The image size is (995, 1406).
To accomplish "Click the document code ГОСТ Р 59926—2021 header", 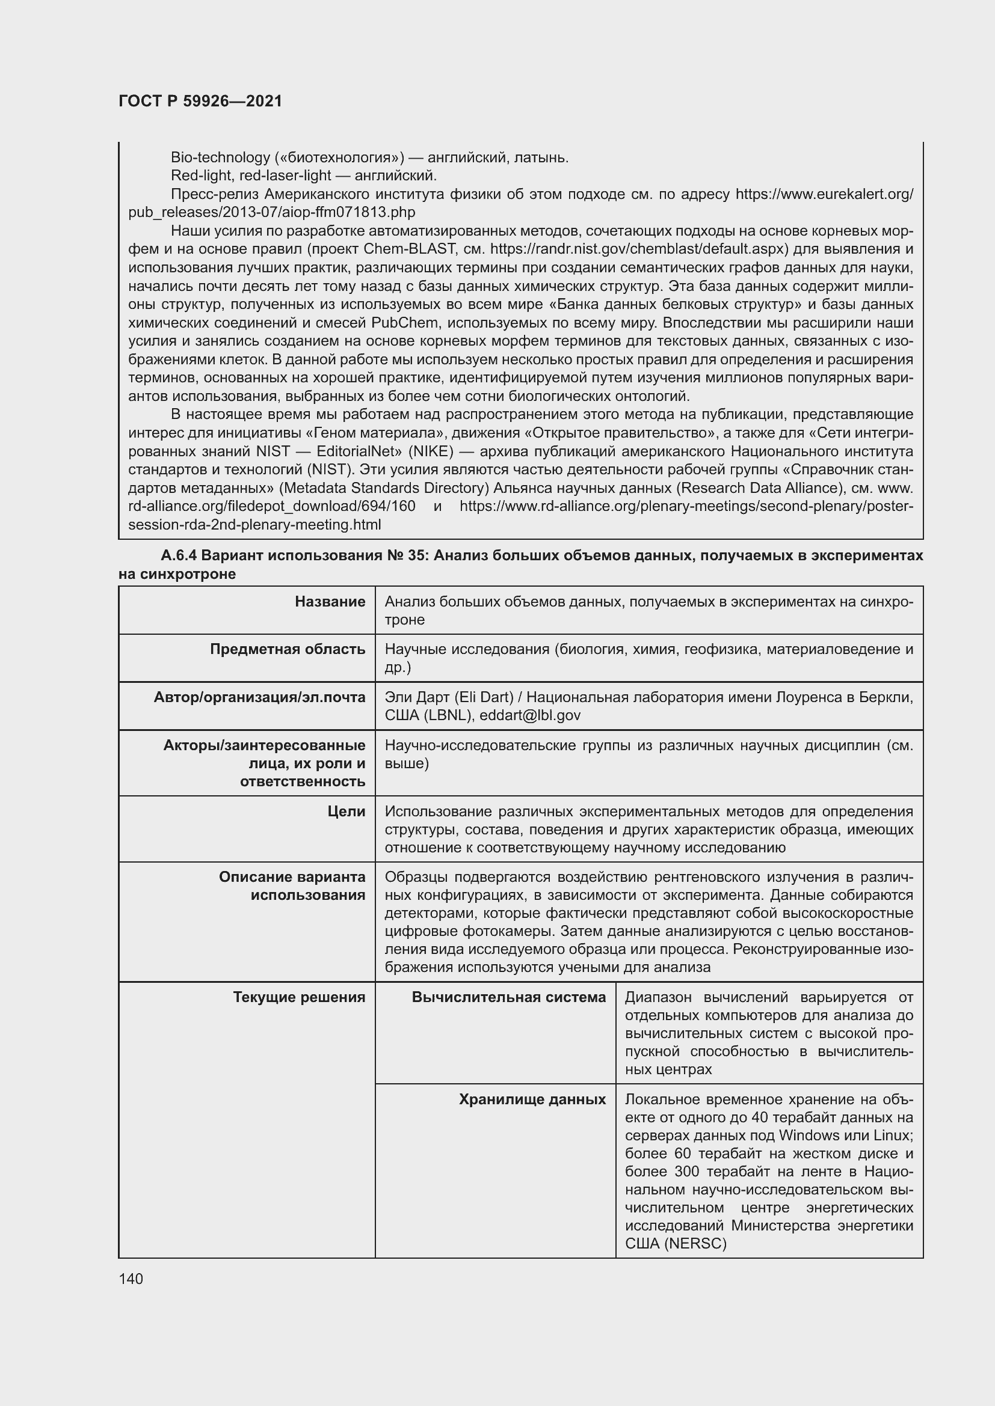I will coord(200,101).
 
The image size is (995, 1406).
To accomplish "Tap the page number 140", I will coord(131,1279).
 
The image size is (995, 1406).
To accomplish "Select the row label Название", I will coord(330,602).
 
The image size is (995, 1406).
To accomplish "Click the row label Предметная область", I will coord(288,649).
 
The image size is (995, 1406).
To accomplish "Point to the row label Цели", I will coord(346,812).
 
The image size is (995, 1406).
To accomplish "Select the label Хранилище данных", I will coord(532,1099).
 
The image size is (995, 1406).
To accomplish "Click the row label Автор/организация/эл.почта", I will coord(259,697).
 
